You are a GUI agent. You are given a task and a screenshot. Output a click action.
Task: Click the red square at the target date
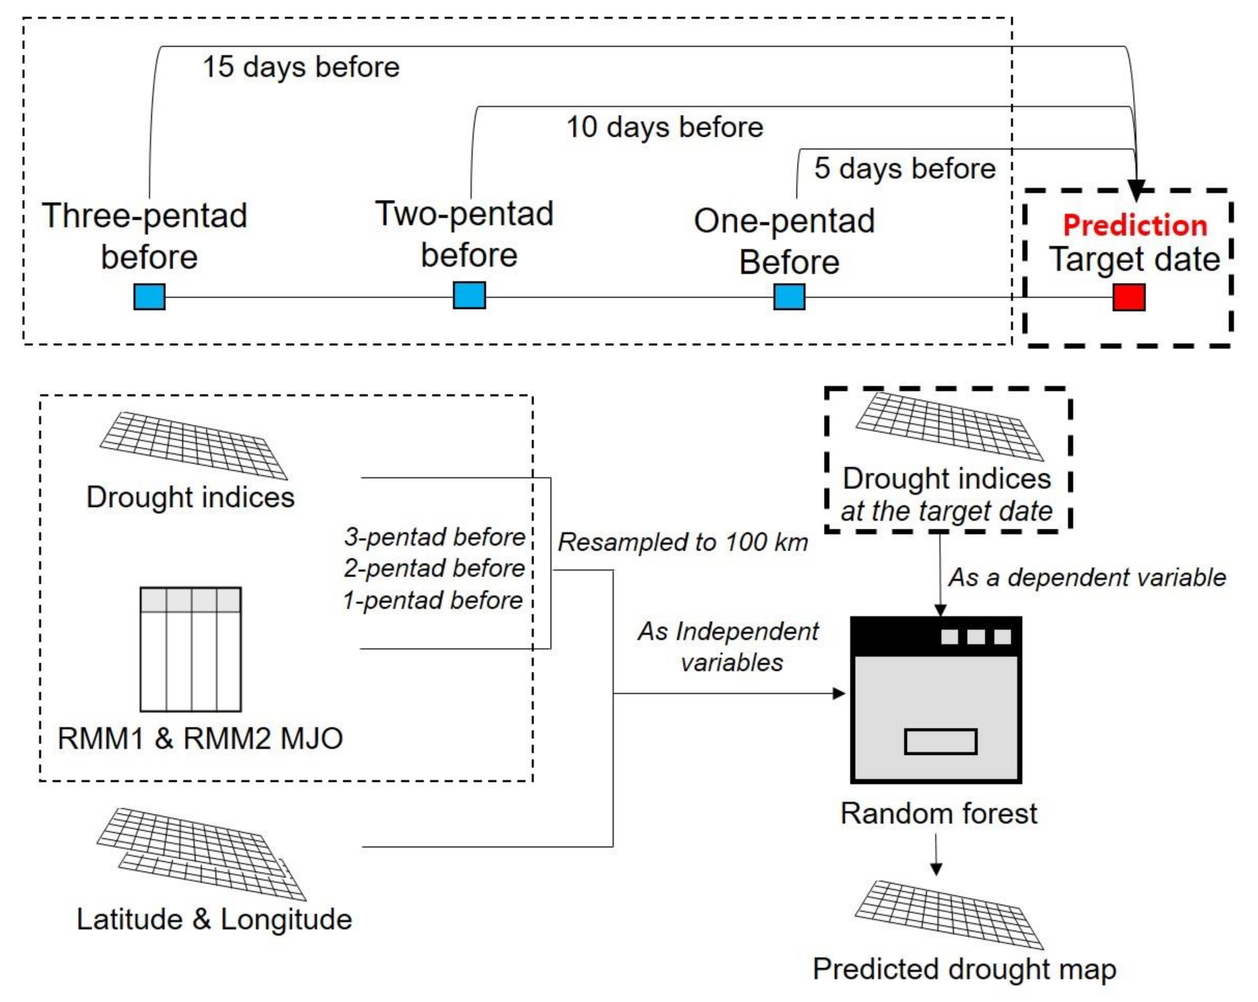pos(1128,297)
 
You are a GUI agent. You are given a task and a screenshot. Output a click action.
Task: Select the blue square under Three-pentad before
pos(149,297)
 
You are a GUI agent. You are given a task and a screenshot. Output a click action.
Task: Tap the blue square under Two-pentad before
pos(469,296)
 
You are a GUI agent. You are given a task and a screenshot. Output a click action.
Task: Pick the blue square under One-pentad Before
pos(790,297)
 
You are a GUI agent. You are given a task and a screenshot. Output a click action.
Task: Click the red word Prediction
pos(1135,225)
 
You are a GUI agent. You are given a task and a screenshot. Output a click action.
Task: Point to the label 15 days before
pos(301,66)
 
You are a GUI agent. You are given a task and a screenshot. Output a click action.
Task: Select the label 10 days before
pos(664,127)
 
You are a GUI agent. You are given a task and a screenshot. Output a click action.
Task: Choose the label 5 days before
pos(905,168)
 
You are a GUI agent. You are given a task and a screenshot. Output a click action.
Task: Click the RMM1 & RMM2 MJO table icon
pos(191,649)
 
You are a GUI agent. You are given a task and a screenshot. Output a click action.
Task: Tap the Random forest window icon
pos(936,699)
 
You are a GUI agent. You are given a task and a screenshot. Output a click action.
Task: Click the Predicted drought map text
pos(964,969)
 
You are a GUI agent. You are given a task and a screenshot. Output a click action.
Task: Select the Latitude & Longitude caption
pos(214,919)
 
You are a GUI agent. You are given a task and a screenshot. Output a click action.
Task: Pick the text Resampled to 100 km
pos(683,542)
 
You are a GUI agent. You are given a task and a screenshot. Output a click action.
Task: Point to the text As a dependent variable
pos(1087,578)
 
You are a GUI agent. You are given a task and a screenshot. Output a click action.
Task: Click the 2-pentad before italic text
pos(434,568)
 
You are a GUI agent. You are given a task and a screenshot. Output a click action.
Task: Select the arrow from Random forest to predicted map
pos(936,854)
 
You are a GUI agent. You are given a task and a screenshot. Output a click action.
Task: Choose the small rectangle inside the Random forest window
pos(941,742)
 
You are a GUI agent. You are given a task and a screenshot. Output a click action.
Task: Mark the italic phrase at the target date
pos(946,511)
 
